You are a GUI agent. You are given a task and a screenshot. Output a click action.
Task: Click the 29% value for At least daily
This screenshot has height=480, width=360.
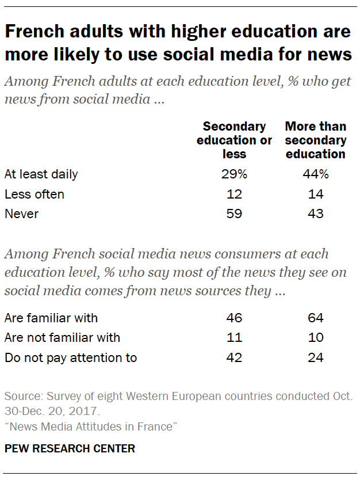click(234, 174)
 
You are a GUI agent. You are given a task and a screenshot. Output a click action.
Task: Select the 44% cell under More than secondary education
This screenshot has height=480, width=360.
click(315, 174)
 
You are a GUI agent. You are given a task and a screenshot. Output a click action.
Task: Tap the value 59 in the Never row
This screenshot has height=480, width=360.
click(234, 214)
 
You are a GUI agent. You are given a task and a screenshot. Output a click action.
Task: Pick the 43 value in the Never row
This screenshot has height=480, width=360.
click(315, 214)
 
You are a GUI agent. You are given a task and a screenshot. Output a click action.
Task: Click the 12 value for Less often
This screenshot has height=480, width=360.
click(234, 194)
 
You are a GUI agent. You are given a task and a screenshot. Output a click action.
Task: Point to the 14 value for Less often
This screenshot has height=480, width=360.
click(315, 194)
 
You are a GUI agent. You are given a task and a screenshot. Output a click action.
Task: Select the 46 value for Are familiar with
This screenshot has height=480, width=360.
click(234, 318)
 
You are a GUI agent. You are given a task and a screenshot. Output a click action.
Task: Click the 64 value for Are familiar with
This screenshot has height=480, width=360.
click(315, 318)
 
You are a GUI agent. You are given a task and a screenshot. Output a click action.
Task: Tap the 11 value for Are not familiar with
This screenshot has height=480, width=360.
click(234, 338)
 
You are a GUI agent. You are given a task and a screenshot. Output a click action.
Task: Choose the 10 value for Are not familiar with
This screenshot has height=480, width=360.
click(315, 338)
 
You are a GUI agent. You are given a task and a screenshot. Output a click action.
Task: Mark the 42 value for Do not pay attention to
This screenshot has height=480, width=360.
click(234, 358)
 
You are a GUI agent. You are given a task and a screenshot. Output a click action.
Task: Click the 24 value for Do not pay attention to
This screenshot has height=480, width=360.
click(315, 358)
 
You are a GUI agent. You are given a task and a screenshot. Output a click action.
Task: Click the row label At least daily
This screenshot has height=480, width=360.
click(41, 174)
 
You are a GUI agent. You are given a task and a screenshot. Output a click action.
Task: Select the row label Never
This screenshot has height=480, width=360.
click(21, 214)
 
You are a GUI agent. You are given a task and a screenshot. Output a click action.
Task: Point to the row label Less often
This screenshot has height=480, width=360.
click(34, 194)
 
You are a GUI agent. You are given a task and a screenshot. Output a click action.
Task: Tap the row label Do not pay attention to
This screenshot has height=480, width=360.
click(71, 358)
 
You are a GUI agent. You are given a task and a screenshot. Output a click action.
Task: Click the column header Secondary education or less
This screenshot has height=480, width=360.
click(234, 140)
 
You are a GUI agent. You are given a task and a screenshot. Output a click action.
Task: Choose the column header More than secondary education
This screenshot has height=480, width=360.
click(315, 140)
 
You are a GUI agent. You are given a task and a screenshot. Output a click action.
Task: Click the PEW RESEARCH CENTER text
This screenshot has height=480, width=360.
click(70, 449)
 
